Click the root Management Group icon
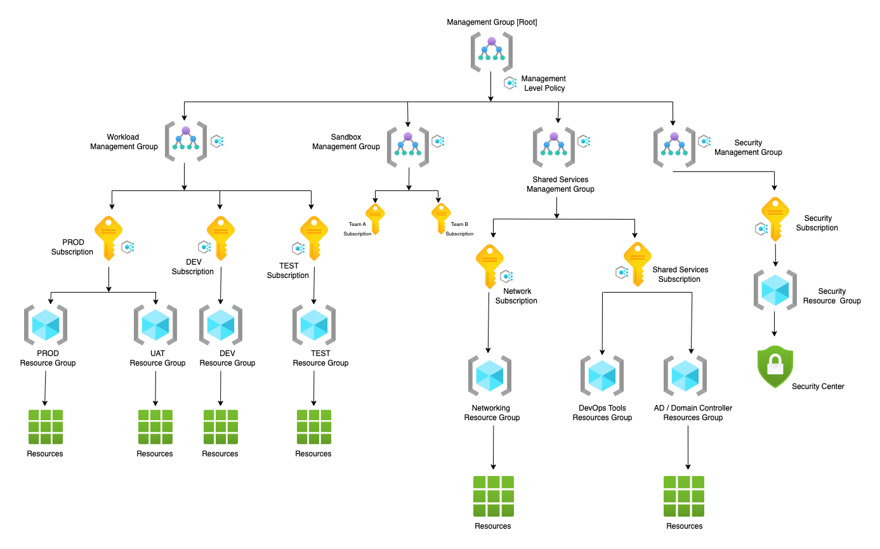pos(492,51)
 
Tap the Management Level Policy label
pos(544,83)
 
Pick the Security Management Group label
pos(748,148)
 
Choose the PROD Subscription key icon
pos(108,237)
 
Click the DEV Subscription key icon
pos(221,237)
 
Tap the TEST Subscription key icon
pos(313,237)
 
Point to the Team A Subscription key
pos(375,218)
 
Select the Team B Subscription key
pos(441,218)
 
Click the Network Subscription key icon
pos(490,266)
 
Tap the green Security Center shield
pos(775,366)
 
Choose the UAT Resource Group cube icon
pos(155,324)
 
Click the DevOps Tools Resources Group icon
pos(602,376)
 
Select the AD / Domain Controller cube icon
pos(685,376)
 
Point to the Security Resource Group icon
pos(775,290)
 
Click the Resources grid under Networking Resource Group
pos(493,496)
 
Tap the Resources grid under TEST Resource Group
pos(313,427)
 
